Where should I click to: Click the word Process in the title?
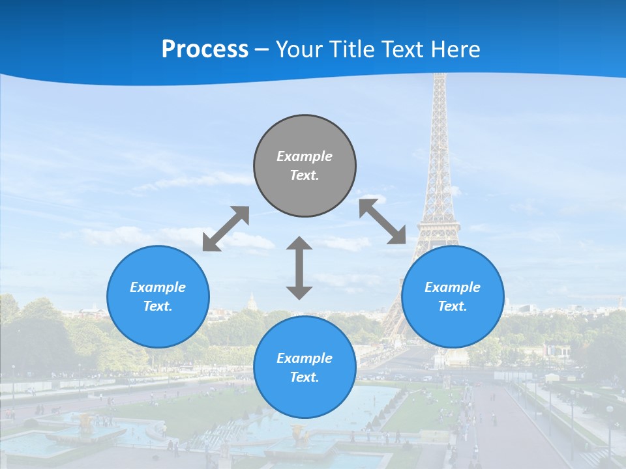click(x=205, y=50)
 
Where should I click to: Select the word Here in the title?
click(x=455, y=50)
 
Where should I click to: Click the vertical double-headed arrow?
click(x=299, y=268)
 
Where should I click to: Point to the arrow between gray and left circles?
click(x=226, y=228)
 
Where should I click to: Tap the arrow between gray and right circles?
click(x=382, y=221)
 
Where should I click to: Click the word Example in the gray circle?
click(x=305, y=156)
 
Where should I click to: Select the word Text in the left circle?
click(x=158, y=306)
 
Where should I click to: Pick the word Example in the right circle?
click(x=453, y=287)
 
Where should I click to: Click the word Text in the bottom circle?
click(x=305, y=377)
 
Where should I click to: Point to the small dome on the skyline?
click(x=252, y=302)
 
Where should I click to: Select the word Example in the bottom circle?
click(x=305, y=358)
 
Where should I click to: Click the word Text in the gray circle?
click(x=305, y=175)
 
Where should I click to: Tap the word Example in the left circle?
click(x=158, y=287)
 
